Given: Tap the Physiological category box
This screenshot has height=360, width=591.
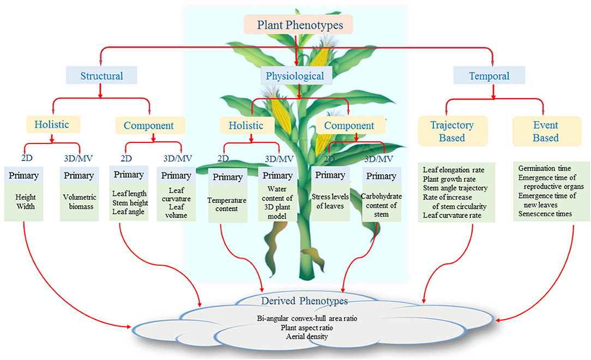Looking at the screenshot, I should tap(294, 76).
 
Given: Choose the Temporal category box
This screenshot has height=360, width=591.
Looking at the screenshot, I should tap(490, 76).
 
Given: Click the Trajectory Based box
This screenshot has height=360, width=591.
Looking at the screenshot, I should tap(450, 131).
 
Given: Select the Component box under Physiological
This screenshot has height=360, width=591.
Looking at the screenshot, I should tap(349, 125).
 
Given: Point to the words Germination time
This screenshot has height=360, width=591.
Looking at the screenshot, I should tap(542, 169).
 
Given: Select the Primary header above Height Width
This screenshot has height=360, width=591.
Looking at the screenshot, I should tap(22, 176).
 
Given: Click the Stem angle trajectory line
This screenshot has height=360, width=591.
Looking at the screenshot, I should tap(455, 188).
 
